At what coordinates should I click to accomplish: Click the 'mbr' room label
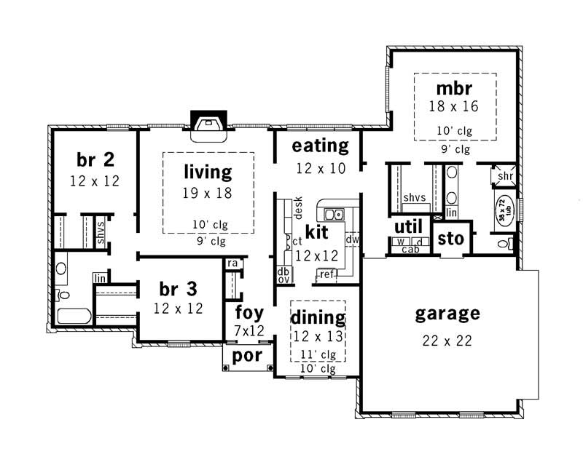(455, 90)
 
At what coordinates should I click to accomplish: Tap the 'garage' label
(447, 314)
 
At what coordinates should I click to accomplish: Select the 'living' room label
(208, 172)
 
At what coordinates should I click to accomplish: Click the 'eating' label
(320, 146)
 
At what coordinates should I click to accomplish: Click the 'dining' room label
(318, 317)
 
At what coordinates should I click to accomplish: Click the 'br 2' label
(95, 159)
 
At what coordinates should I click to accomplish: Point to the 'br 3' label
(177, 289)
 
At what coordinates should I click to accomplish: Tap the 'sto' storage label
(450, 239)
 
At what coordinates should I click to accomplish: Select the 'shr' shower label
(505, 176)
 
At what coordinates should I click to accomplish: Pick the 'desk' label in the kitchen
(298, 208)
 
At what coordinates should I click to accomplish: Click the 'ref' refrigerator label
(326, 274)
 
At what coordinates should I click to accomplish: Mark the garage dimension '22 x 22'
(447, 340)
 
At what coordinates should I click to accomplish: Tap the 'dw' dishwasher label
(353, 239)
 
